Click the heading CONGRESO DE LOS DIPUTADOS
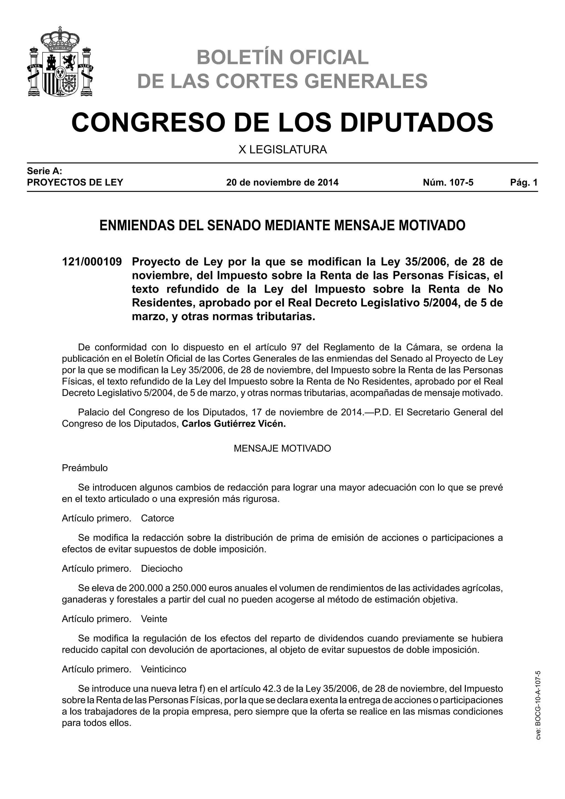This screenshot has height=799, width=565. [282, 122]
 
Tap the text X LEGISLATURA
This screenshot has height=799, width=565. [282, 150]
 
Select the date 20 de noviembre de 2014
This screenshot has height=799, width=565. [282, 182]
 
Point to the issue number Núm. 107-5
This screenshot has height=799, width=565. [448, 182]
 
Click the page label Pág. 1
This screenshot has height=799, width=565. [524, 182]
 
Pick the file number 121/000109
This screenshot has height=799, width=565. [92, 262]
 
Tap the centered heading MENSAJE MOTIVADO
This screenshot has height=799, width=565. [282, 448]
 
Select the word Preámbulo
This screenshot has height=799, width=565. [84, 468]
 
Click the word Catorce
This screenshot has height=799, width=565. [157, 518]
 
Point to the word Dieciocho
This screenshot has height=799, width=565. [161, 568]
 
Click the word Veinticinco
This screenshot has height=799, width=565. [164, 669]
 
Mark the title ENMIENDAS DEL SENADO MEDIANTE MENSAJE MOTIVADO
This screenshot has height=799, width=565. [282, 225]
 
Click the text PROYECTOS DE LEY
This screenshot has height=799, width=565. [75, 182]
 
